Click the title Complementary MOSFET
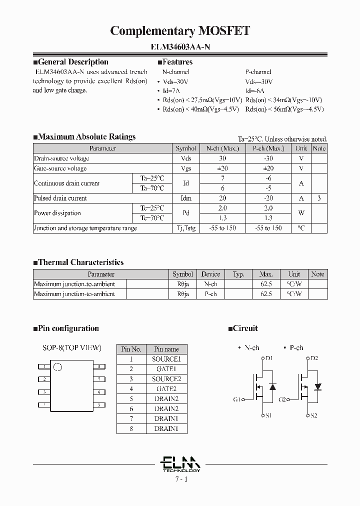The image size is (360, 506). (x=180, y=31)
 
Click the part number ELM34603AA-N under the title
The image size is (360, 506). (x=180, y=48)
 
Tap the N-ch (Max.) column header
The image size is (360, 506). (x=222, y=148)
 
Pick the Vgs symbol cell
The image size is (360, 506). (x=186, y=168)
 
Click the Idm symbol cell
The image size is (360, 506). (x=186, y=198)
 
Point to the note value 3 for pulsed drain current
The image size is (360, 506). (x=319, y=198)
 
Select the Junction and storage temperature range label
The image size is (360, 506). (x=85, y=228)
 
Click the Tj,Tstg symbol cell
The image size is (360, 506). (x=186, y=228)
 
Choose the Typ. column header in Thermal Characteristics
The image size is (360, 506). (x=238, y=274)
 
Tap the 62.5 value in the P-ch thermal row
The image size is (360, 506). (x=266, y=294)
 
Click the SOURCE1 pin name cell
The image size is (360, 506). (x=166, y=359)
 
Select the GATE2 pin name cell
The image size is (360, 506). (x=166, y=388)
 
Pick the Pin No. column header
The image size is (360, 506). (x=131, y=349)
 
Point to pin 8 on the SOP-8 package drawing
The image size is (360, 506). (x=99, y=366)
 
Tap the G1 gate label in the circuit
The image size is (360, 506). (x=237, y=399)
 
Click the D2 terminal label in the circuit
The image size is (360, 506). (x=314, y=358)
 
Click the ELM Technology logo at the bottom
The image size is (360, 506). (x=181, y=464)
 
